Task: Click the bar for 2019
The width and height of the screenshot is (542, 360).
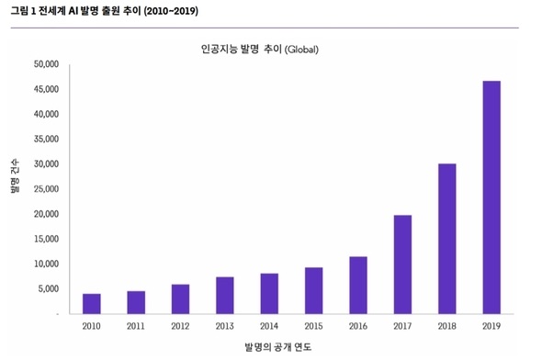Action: pos(491,197)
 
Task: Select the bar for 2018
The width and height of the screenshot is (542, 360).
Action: pos(447,239)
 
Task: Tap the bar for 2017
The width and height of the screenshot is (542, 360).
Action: pos(402,264)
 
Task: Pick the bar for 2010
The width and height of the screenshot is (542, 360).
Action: pos(92,304)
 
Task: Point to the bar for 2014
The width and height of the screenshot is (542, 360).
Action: pos(269,294)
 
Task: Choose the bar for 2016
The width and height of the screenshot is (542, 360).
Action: pos(358,286)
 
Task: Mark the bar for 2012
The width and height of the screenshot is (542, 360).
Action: pos(180,299)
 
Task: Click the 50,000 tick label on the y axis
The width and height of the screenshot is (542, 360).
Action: pos(46,64)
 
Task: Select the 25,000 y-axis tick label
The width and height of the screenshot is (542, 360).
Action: pos(46,189)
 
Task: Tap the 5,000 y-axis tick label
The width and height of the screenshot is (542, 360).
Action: pos(49,289)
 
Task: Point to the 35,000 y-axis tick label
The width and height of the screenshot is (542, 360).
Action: pos(46,140)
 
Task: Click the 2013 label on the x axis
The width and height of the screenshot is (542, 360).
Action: pos(225,326)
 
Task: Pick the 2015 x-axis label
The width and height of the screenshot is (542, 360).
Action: pos(313,326)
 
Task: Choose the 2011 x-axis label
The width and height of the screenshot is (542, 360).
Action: pos(136,326)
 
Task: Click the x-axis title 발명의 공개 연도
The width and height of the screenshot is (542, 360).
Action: pos(278,347)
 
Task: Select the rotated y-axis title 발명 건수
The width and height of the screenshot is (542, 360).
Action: pos(15,176)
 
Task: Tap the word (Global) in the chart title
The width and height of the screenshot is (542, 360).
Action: pos(301,50)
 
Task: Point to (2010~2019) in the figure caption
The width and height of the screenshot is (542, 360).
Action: pos(171,11)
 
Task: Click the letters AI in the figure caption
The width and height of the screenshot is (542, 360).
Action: pos(73,11)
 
